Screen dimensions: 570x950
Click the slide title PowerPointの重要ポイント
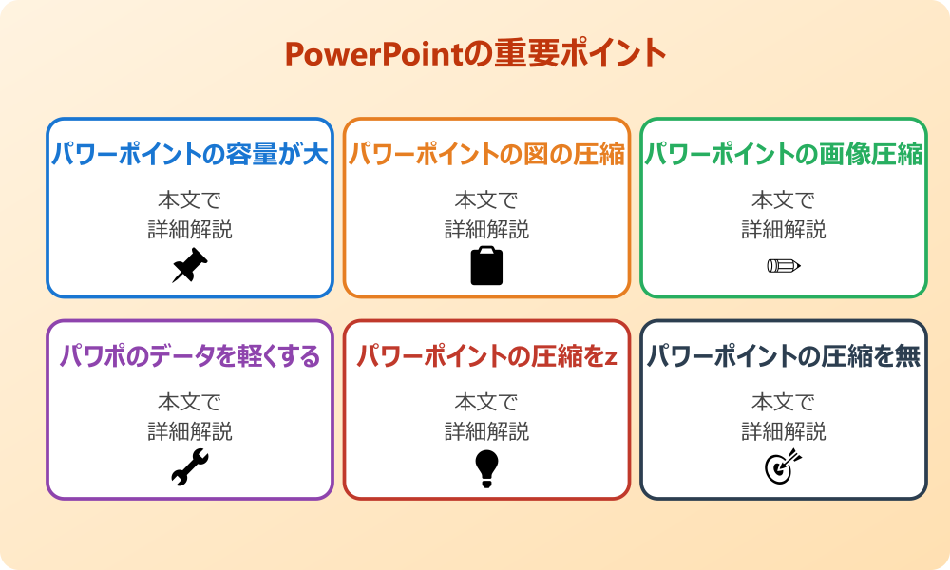point(475,53)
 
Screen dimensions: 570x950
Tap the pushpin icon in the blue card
point(190,266)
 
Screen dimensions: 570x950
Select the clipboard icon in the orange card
point(486,266)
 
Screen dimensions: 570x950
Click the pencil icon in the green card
point(784,266)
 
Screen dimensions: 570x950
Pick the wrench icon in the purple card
point(190,467)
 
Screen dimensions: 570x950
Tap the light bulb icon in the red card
point(486,467)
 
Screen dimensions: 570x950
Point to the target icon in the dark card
point(784,467)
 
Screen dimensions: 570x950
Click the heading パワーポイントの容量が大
point(190,155)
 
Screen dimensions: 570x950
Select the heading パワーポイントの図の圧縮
point(486,155)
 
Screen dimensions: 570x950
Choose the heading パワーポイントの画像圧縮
point(784,155)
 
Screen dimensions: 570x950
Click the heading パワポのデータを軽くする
point(190,356)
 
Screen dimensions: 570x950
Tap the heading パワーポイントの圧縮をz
point(486,356)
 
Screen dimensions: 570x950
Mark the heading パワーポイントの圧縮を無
point(784,356)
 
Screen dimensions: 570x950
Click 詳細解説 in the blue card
point(190,229)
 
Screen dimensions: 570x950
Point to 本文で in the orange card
point(486,200)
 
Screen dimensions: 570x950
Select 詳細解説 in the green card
point(784,229)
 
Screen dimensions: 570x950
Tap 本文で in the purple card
point(190,402)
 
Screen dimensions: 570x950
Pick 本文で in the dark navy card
point(784,402)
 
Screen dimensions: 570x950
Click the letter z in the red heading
point(611,358)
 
